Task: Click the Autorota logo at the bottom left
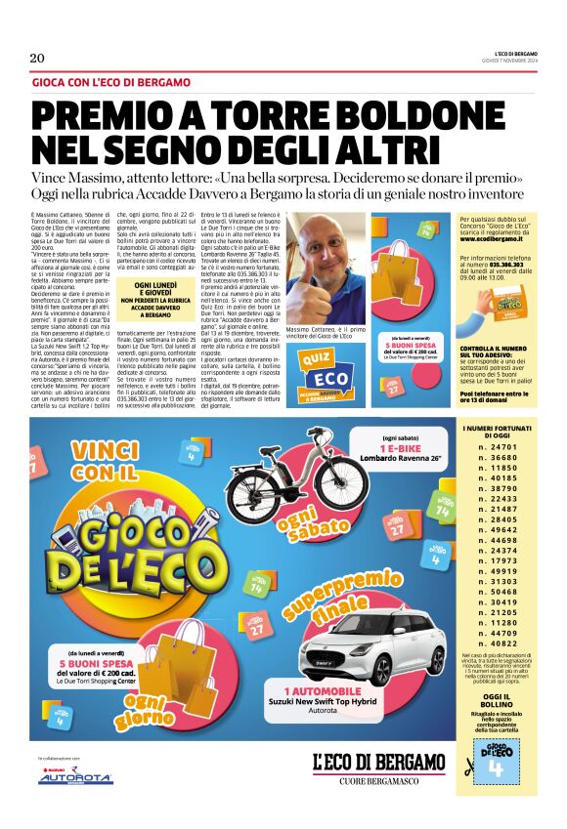pyautogui.click(x=75, y=777)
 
